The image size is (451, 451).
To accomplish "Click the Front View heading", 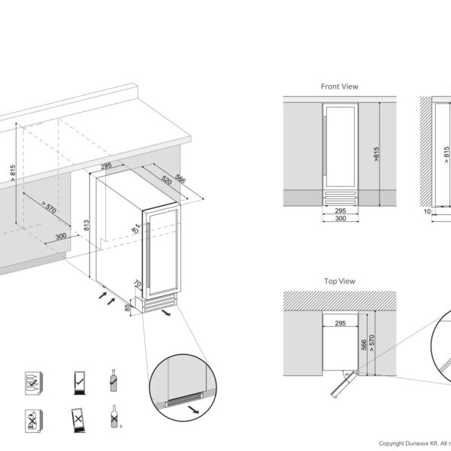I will pos(340,86).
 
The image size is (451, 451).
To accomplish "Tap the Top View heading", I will pos(340,281).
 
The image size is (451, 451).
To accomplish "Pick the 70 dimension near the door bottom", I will pos(138,285).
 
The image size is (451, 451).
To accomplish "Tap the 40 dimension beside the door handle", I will pos(136,231).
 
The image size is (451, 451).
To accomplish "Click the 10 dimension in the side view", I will pos(427,213).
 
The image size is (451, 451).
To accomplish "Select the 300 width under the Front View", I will pos(340,219).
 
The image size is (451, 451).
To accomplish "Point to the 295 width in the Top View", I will pos(339,324).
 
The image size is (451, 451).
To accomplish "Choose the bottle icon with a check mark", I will pos(114,382).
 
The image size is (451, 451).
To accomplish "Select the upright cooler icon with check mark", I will pos(79,381).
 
